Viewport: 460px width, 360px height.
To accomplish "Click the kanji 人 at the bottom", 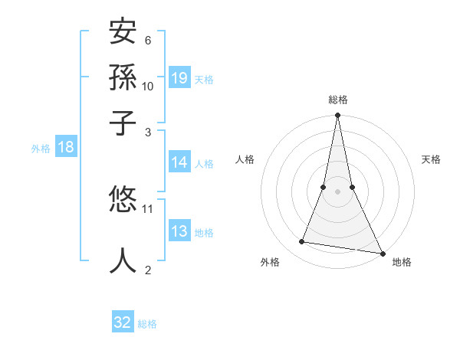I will pos(123,260).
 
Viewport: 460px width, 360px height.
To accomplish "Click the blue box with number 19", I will pos(179,78).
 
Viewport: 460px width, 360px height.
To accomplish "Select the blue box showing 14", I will pos(179,162).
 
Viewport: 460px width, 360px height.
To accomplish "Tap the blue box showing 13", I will pos(179,232).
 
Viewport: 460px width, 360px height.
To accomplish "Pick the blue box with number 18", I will pos(65,147).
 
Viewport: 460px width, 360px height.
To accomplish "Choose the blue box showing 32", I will pos(123,322).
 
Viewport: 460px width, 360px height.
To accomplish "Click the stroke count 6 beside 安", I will pos(147,40).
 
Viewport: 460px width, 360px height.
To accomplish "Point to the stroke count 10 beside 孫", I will pos(148,86).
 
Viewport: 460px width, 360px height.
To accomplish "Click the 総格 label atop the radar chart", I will pos(337,100).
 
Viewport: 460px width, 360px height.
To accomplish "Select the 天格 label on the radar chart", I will pos(431,159).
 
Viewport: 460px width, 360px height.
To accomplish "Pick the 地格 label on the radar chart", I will pos(402,263).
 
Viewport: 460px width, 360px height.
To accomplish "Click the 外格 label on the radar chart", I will pos(270,263).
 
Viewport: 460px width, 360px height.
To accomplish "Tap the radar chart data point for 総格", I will pos(337,116).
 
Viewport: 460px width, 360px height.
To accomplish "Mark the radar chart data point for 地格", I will pos(382,253).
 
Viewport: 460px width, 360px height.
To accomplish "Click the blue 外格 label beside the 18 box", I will pos(41,149).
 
